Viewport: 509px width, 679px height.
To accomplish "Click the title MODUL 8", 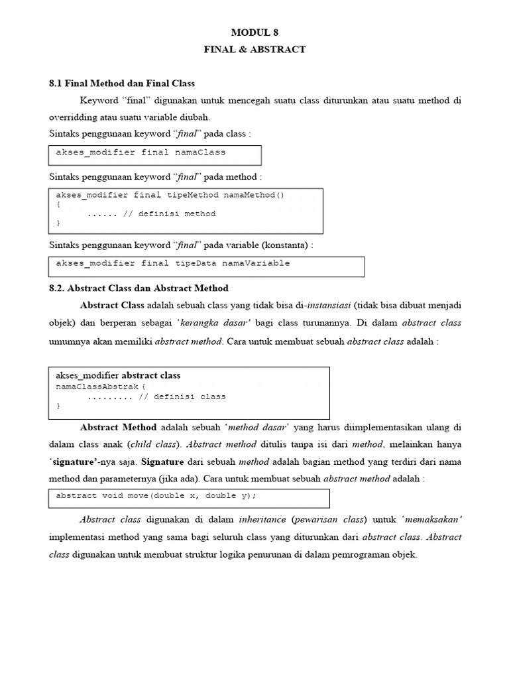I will (255, 32).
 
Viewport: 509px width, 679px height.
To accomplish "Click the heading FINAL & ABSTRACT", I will (255, 49).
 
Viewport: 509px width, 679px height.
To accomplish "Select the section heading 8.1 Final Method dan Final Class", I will (122, 83).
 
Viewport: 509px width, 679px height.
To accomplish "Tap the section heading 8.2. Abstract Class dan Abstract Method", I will (139, 288).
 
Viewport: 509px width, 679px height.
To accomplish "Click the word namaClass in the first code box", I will (200, 153).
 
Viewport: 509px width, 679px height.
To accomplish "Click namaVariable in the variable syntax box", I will (256, 263).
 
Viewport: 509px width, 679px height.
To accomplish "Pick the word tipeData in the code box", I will (196, 263).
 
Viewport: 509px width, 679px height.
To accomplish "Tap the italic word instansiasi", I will (328, 306).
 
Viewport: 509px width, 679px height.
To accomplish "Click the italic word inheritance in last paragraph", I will (263, 519).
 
